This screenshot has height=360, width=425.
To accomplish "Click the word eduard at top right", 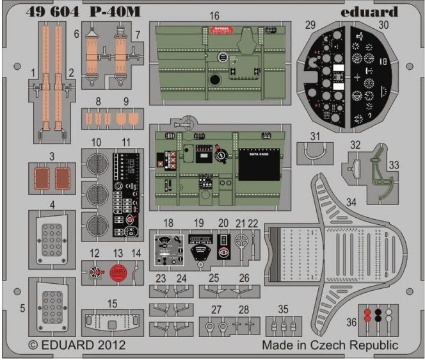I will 370,12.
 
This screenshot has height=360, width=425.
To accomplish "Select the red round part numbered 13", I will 116,273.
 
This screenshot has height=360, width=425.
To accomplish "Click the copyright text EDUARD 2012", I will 77,345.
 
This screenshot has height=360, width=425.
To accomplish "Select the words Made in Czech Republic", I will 330,345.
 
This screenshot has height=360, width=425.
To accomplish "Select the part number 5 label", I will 22,307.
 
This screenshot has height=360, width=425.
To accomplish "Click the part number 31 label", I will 314,136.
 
